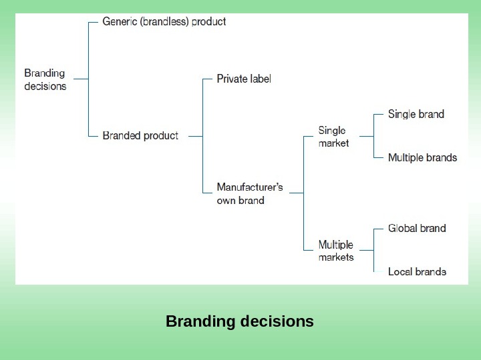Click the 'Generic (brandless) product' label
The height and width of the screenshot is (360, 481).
164,21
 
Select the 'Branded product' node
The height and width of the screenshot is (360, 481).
140,136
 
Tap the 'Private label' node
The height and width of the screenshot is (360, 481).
244,79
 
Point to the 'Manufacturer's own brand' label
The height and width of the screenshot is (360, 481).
250,193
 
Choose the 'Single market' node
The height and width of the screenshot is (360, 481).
333,137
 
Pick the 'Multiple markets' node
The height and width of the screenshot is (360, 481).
336,251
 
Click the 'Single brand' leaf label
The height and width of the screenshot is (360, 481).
416,114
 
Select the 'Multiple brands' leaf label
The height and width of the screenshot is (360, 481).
422,158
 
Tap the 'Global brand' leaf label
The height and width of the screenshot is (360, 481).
417,228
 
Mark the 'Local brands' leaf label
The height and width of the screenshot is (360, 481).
417,271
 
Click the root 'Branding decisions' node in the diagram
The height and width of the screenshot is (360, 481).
45,79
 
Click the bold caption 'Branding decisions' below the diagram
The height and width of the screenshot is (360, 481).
240,321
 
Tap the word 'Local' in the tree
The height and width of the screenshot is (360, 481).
400,271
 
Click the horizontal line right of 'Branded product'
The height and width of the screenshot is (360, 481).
195,136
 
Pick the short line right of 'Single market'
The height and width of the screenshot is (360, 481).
365,136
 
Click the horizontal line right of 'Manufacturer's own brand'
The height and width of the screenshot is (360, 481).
295,193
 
